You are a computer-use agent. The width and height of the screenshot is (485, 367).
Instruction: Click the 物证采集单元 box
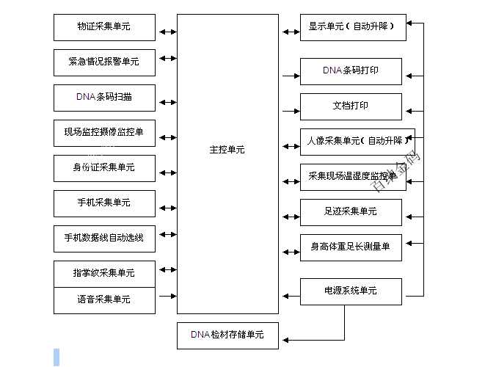point(104,27)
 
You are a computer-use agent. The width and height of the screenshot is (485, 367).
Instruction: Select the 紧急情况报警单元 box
point(104,62)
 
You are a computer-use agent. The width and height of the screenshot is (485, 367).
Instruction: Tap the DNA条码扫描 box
point(104,97)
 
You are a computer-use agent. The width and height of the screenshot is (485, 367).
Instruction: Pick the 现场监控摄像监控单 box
point(104,133)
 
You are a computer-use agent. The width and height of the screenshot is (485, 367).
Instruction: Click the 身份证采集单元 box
point(104,168)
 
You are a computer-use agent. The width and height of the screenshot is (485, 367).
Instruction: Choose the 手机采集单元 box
point(104,203)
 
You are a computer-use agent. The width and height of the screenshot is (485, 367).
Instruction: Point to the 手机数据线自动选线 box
point(104,238)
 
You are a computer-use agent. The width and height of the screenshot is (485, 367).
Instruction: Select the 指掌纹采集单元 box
point(104,273)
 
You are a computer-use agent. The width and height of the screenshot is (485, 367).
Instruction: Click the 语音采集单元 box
point(104,299)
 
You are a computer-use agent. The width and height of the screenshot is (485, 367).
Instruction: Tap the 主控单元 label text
point(227,150)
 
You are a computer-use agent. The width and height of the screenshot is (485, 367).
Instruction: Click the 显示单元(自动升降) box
point(351,27)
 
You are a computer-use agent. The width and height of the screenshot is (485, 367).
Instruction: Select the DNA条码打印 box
point(351,71)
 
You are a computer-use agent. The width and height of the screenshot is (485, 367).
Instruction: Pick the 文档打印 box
point(351,106)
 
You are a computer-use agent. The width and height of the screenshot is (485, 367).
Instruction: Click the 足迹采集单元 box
point(351,212)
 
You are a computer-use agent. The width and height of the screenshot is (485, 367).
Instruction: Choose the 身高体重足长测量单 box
point(351,247)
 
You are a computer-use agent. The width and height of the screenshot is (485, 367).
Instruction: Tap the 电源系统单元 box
point(351,291)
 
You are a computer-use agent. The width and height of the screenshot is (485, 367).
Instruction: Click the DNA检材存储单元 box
point(227,335)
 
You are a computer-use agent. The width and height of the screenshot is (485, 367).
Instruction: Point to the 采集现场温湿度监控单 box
point(351,177)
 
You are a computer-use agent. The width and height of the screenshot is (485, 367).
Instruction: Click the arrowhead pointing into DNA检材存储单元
point(288,339)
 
